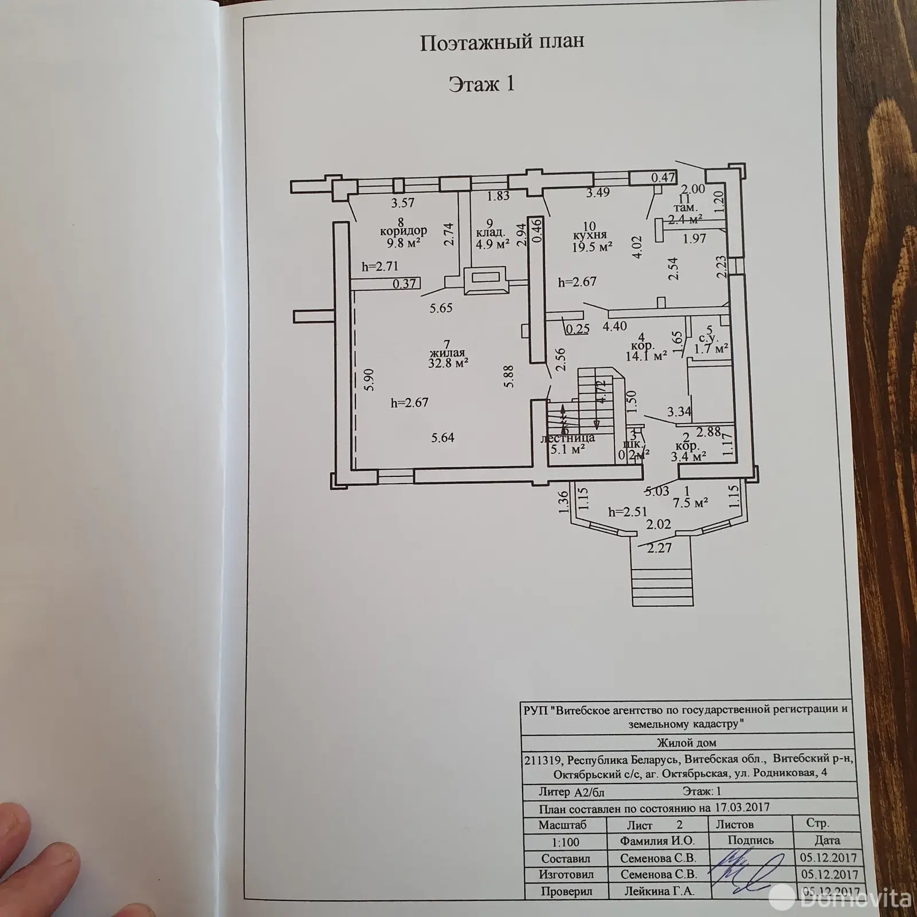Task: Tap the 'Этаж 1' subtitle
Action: (x=481, y=84)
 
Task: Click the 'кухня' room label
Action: (x=589, y=235)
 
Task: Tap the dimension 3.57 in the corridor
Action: (x=402, y=202)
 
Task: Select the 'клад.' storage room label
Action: (x=489, y=233)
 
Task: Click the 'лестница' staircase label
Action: (x=567, y=438)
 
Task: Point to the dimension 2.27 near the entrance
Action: (x=659, y=548)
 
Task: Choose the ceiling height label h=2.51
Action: (x=626, y=512)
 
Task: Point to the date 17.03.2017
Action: (x=742, y=807)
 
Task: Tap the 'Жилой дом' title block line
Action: (x=686, y=743)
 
